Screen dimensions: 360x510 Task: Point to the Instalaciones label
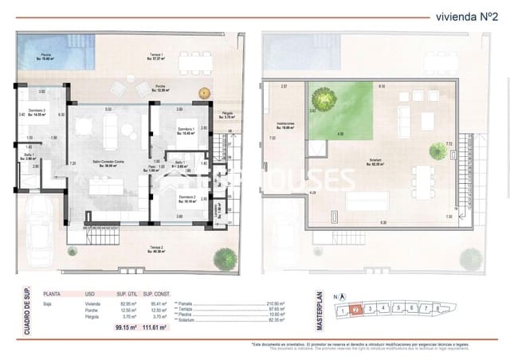[286, 125]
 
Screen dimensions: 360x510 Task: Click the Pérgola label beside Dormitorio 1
[228, 115]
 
